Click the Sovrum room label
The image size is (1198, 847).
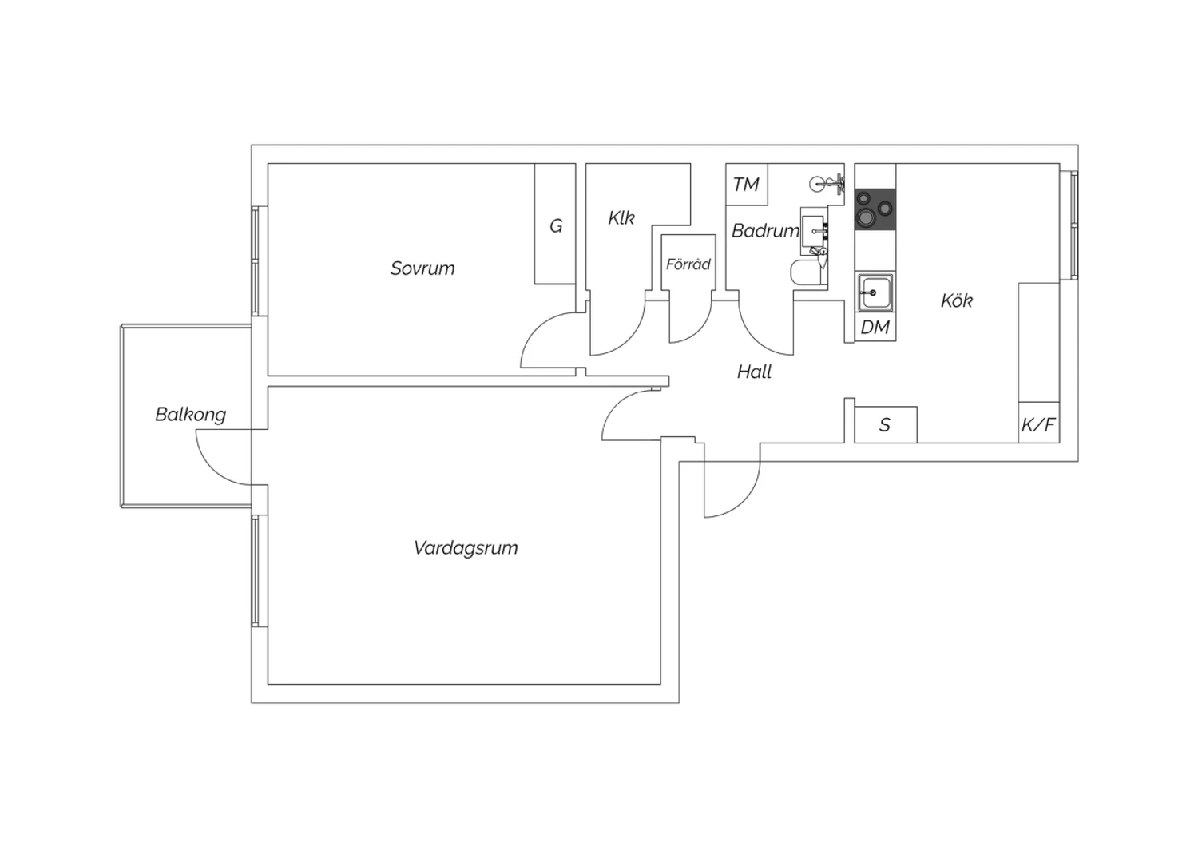coord(422,268)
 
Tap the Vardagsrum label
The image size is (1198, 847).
coord(466,548)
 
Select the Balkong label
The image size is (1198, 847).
coord(190,414)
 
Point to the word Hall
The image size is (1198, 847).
coord(754,372)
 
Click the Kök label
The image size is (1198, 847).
coord(957,300)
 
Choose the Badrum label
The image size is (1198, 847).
coord(765,231)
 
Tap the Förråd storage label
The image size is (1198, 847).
coord(688,264)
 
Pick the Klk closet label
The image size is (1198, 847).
coord(621,218)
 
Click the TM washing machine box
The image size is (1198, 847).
coord(747,184)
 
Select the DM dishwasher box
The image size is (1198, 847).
coord(875,327)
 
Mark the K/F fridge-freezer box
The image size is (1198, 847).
coord(1038,423)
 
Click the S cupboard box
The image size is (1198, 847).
coord(886,425)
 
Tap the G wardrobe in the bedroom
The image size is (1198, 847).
coord(555,224)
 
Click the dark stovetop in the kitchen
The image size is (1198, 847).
coord(875,209)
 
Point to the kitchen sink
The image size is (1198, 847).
coord(875,292)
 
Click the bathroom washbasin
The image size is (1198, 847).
coord(814,231)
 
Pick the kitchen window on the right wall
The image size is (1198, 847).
coord(1069,225)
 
